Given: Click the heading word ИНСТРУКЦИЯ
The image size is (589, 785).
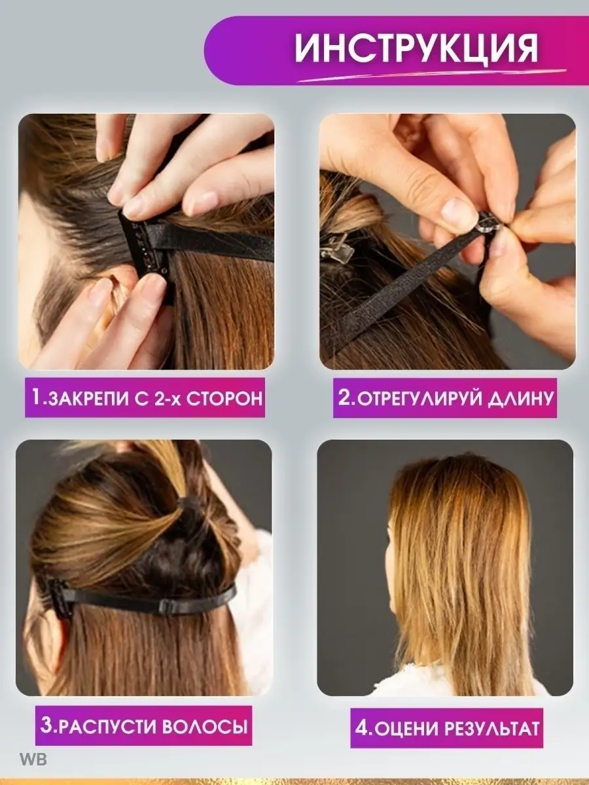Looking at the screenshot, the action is [x=416, y=48].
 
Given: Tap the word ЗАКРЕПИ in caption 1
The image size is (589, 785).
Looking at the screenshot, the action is [x=87, y=398].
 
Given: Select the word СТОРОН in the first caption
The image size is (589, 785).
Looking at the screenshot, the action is [x=224, y=398].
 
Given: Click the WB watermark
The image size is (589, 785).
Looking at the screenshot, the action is [x=33, y=759].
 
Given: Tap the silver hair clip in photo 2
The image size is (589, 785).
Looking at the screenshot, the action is [x=336, y=249].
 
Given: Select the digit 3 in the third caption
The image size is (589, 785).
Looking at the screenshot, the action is [x=46, y=726].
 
